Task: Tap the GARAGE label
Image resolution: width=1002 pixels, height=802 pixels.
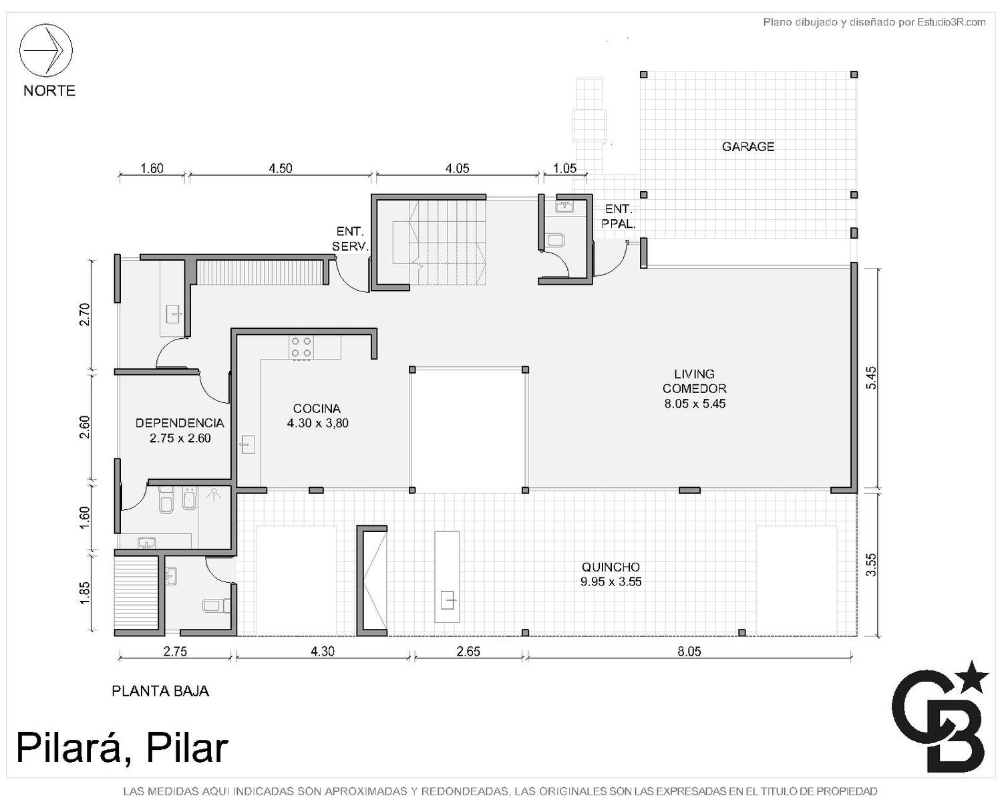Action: pyautogui.click(x=747, y=147)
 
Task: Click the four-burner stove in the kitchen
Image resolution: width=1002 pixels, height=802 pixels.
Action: pyautogui.click(x=301, y=347)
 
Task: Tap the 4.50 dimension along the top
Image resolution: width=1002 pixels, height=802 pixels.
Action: pyautogui.click(x=281, y=168)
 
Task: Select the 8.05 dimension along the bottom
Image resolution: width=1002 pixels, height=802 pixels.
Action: pyautogui.click(x=689, y=652)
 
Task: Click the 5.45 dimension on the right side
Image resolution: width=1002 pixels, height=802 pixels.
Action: pyautogui.click(x=870, y=378)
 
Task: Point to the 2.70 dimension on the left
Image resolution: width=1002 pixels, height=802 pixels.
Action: pyautogui.click(x=85, y=315)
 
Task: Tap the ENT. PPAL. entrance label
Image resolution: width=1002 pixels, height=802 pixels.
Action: pyautogui.click(x=619, y=217)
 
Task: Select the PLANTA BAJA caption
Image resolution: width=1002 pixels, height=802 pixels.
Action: pyautogui.click(x=160, y=691)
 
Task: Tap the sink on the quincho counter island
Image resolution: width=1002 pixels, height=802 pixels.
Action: pyautogui.click(x=448, y=599)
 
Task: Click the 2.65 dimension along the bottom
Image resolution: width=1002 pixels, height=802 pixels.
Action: pyautogui.click(x=468, y=652)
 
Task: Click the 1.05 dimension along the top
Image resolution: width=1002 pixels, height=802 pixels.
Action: pyautogui.click(x=564, y=168)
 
